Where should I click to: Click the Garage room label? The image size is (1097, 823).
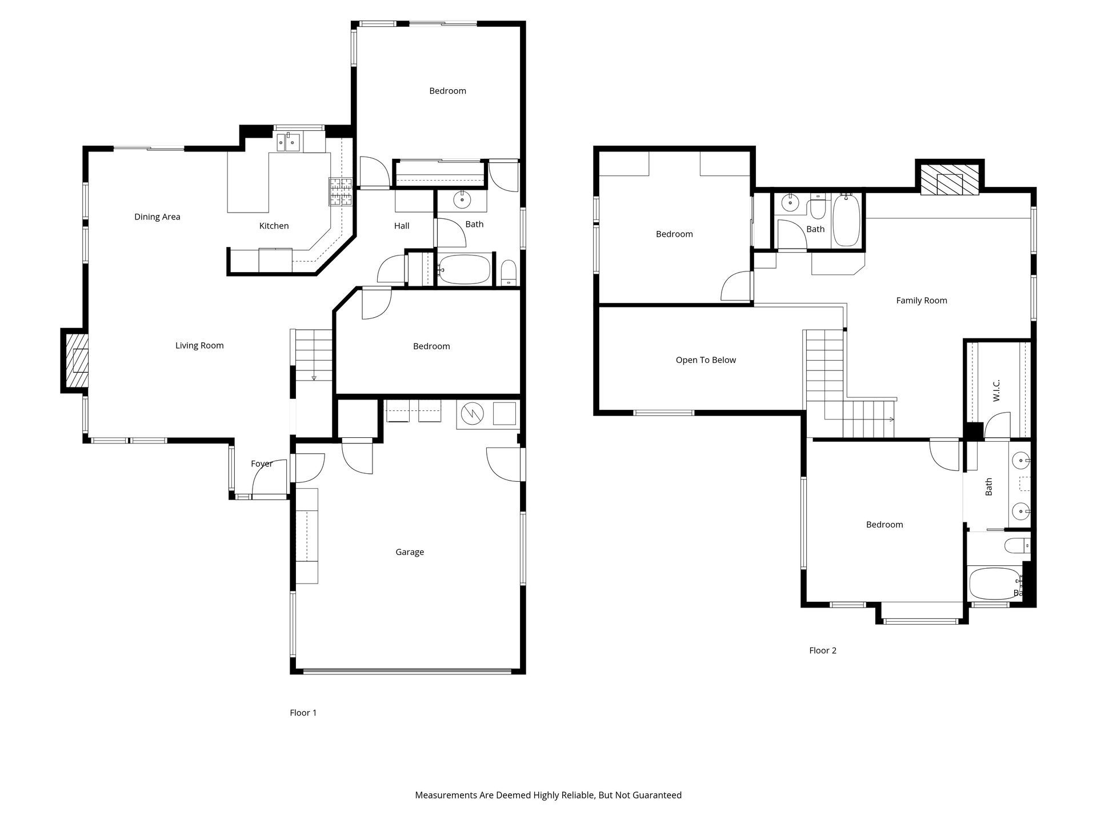(x=410, y=552)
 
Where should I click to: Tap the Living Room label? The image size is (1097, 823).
(x=199, y=345)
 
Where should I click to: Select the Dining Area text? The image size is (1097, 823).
(x=157, y=217)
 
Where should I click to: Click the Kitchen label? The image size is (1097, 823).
(x=274, y=226)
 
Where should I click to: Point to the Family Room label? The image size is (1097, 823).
(x=922, y=301)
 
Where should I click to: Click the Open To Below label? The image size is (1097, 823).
(x=706, y=360)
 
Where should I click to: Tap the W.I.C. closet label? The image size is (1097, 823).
(x=996, y=390)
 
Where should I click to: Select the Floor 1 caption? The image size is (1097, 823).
(x=303, y=713)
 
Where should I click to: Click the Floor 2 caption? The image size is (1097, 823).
(x=823, y=650)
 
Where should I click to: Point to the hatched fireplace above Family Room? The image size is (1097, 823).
(x=950, y=179)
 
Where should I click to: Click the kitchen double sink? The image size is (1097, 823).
(x=289, y=141)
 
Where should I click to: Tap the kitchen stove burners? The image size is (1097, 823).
(x=341, y=192)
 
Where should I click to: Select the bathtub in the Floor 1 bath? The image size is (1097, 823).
(x=465, y=269)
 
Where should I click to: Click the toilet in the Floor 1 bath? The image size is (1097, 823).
(x=509, y=273)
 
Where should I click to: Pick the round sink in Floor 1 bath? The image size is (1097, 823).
(x=462, y=200)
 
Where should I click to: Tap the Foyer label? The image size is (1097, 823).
(x=262, y=464)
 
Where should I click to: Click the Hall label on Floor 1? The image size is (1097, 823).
(x=402, y=226)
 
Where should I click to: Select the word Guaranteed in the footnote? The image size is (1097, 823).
(x=656, y=795)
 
